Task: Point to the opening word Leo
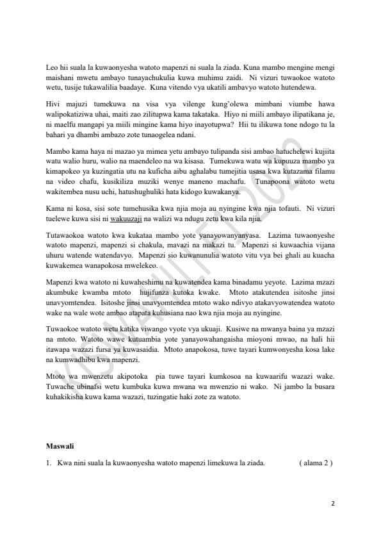53,67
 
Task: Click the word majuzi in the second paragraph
76,103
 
